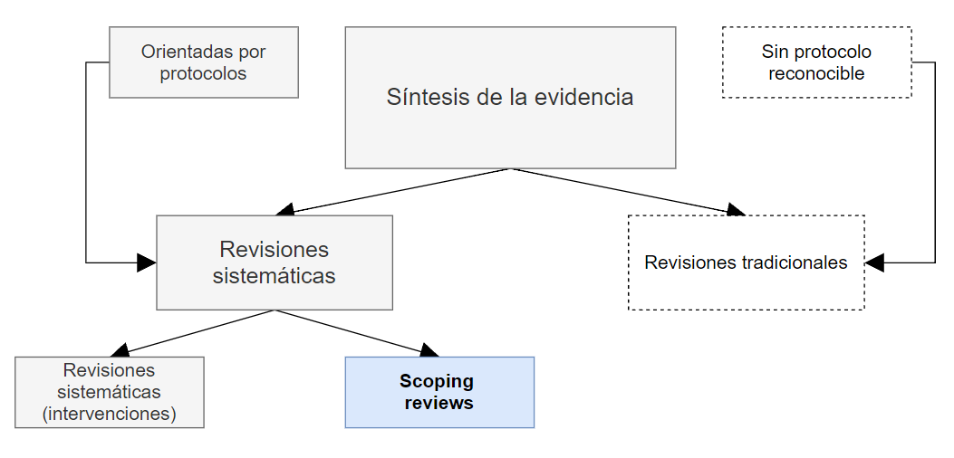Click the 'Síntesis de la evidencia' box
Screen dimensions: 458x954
pos(510,97)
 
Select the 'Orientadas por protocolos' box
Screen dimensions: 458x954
pos(203,62)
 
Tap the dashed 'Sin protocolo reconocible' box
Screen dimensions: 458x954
pos(816,62)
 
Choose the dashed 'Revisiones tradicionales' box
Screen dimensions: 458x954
pos(746,262)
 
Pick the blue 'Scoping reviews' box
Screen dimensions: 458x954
pos(439,392)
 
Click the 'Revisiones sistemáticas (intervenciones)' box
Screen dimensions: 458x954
pos(110,392)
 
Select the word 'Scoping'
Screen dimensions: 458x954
pos(437,381)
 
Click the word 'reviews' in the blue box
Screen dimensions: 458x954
pos(438,403)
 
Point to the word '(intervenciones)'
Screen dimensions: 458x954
pos(110,414)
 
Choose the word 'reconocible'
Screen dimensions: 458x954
pos(816,73)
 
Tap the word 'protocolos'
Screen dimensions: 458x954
pos(203,73)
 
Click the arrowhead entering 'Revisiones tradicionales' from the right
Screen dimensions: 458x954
pos(874,262)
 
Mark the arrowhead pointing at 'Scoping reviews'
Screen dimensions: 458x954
pos(429,350)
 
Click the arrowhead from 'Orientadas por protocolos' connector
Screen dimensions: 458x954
pos(147,262)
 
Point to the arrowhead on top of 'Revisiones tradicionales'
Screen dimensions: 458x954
pos(735,211)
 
